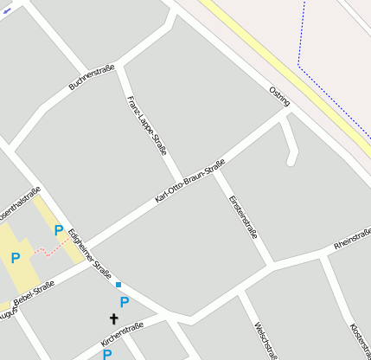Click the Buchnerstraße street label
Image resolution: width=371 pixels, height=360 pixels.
point(92,78)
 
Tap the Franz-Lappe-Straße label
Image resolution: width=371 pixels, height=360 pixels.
point(146,125)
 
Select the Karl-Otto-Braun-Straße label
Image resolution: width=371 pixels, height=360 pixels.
point(189,181)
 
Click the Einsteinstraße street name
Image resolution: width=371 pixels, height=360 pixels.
point(243,215)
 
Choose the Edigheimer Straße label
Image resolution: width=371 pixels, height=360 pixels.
point(89,252)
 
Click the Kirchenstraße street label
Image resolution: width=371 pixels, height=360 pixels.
point(121,333)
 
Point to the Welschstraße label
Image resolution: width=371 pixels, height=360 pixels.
point(265,340)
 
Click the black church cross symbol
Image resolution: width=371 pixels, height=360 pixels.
point(113,319)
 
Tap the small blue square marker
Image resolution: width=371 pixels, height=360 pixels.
point(118,284)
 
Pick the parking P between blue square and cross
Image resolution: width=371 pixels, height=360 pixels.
point(125,302)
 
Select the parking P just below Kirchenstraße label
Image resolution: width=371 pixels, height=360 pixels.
point(107,354)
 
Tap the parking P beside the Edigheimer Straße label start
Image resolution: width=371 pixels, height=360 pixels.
point(59,230)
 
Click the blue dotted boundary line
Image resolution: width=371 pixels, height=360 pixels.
point(299,52)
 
